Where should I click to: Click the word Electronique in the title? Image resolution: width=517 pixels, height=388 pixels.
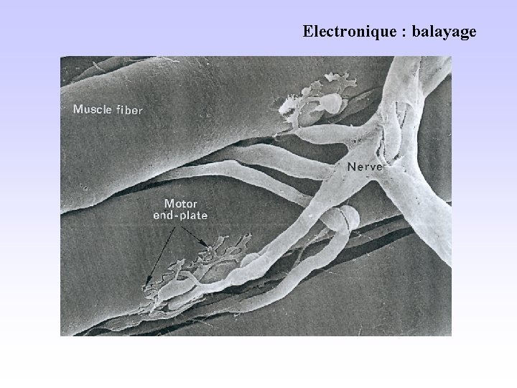[x=343, y=32]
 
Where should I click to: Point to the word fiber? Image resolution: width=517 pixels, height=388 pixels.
[x=130, y=110]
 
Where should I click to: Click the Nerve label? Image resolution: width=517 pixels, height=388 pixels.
[x=367, y=166]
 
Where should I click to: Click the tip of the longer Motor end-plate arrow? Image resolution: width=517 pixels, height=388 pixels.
[x=146, y=285]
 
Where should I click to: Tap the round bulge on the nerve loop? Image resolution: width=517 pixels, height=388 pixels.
[x=336, y=219]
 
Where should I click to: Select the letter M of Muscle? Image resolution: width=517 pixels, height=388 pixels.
[x=78, y=110]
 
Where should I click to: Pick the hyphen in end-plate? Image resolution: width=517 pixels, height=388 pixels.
[x=175, y=215]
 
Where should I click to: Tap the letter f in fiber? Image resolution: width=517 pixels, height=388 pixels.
[x=119, y=110]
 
